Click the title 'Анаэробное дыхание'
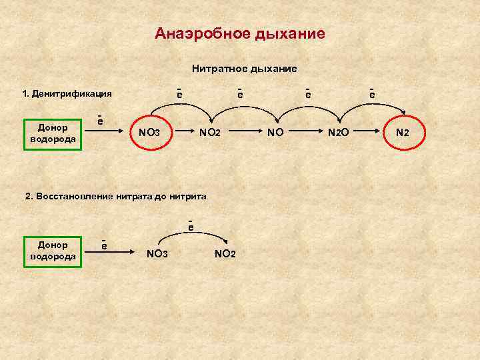click(240, 33)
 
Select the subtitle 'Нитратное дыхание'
click(244, 68)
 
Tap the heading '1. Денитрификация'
click(67, 93)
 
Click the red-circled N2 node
click(402, 133)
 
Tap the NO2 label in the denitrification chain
click(209, 133)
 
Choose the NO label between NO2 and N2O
click(275, 133)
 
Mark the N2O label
click(338, 133)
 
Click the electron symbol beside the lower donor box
click(105, 245)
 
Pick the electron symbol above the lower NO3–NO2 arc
click(190, 227)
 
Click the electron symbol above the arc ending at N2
click(371, 95)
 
